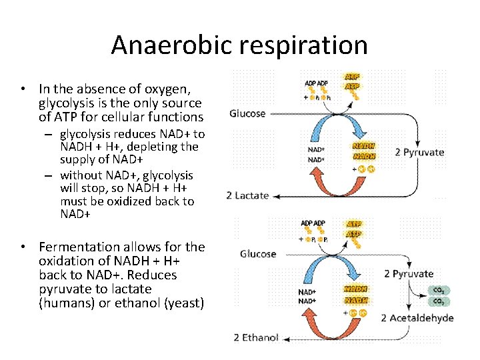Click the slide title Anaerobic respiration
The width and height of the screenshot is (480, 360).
coord(239,45)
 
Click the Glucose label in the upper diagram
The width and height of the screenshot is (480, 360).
coord(247,113)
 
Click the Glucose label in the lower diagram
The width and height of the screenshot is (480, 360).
coord(258,254)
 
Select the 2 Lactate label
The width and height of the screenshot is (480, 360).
coord(247,195)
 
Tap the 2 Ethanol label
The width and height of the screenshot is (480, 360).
coord(256,337)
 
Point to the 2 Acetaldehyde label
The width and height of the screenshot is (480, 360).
coord(417,318)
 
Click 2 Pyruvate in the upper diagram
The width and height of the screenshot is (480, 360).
coord(419,152)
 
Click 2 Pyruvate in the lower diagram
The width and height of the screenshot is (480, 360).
coord(409,274)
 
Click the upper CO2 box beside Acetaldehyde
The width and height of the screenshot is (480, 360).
coord(439,290)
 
